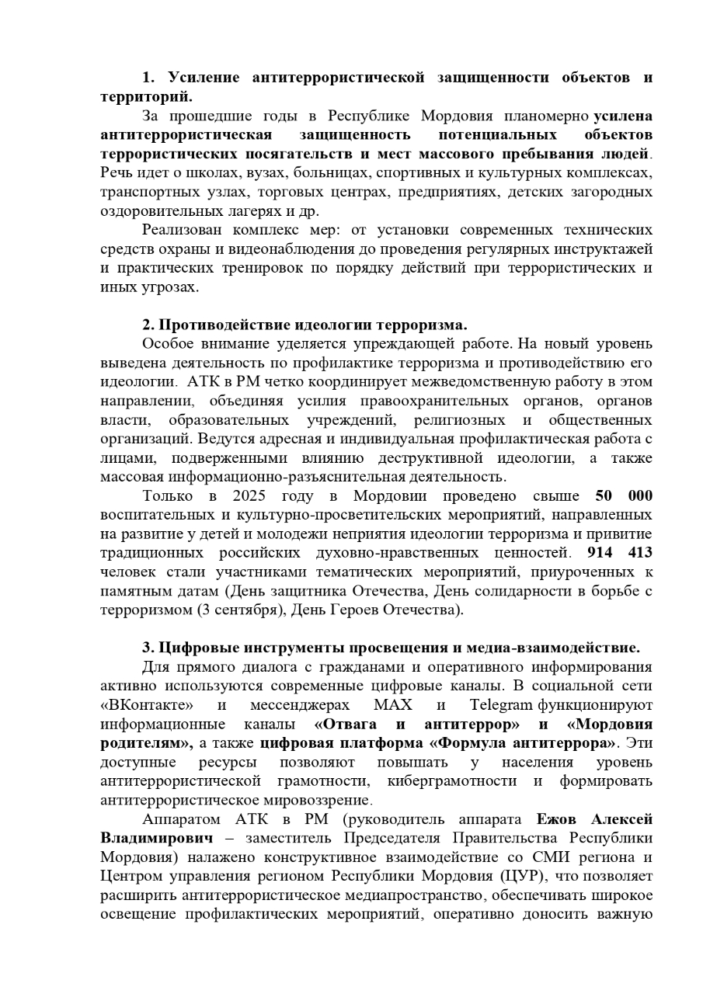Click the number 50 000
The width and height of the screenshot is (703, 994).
[x=624, y=495]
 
